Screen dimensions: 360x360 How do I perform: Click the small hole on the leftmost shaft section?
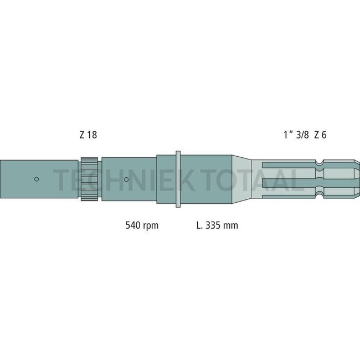click(x=36, y=179)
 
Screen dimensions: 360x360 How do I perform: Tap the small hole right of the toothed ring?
click(x=127, y=179)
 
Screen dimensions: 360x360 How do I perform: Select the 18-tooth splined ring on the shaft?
click(x=89, y=179)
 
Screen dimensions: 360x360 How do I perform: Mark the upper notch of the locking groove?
click(x=319, y=163)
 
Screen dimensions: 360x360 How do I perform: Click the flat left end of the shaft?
click(x=2, y=179)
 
